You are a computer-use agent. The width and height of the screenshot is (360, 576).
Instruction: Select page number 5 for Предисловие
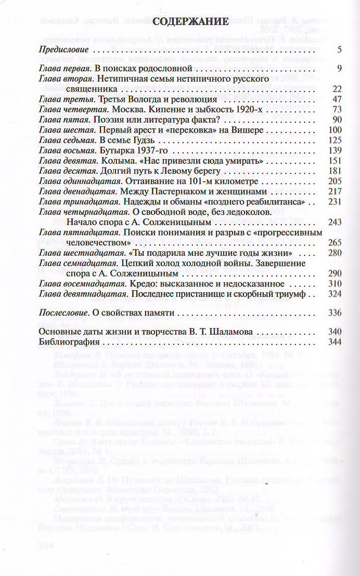tap(338, 51)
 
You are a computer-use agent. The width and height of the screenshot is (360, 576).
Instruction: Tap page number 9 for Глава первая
tap(338, 69)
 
